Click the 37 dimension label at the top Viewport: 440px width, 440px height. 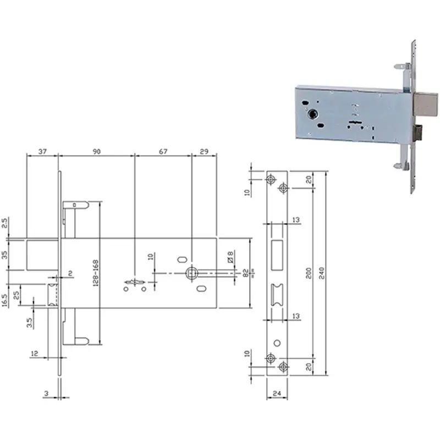tap(42, 152)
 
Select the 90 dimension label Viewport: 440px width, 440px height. tap(97, 152)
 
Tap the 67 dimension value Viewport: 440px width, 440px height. tap(163, 152)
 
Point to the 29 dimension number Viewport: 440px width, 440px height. tap(204, 152)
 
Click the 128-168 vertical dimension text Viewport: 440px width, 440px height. tap(96, 273)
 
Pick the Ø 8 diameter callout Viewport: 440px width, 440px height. tap(230, 257)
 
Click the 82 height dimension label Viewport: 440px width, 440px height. tap(245, 273)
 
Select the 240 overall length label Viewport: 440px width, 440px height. tap(322, 273)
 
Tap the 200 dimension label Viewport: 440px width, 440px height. tap(309, 273)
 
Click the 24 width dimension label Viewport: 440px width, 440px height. tap(277, 393)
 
